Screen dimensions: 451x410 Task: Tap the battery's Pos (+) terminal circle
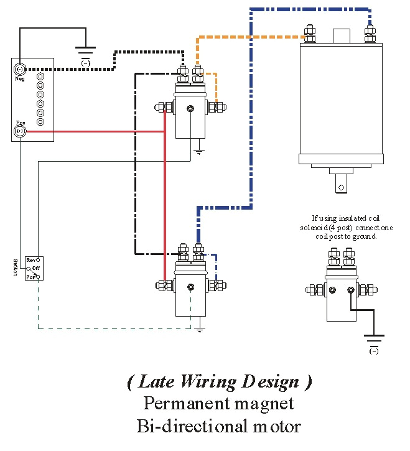[x=19, y=131]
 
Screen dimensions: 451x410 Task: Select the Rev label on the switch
[x=30, y=259]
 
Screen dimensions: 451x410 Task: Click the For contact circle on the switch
[x=38, y=276]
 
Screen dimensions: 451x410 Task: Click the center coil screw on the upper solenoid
[x=191, y=109]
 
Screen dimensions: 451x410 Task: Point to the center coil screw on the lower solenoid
[x=191, y=287]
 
